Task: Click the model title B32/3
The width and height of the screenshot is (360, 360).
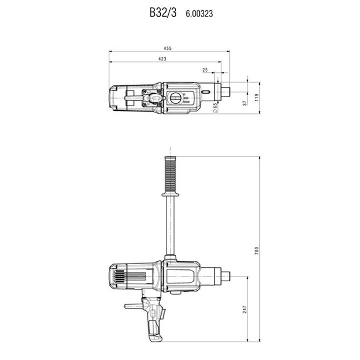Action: coord(163,13)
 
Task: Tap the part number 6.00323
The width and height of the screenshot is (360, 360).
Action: coord(199,14)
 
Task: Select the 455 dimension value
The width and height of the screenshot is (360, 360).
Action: coord(168,48)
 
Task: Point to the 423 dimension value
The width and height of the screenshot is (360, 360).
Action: coord(162,59)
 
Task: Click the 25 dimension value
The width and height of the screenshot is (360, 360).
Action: coord(205,70)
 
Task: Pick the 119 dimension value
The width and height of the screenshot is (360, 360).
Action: coord(257,97)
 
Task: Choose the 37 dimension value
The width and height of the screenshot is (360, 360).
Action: coord(245,103)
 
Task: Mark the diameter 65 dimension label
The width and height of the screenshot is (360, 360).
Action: coord(215,108)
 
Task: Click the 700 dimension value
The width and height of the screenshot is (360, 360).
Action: coord(257,251)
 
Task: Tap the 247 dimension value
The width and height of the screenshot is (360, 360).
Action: coord(245,309)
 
